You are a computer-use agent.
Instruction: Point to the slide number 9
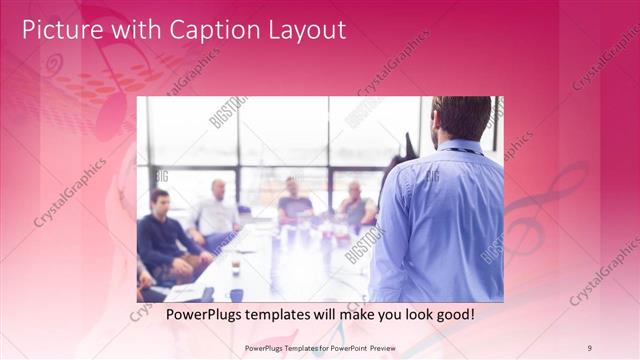[x=589, y=347]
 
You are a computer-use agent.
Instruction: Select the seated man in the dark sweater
[x=163, y=240]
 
